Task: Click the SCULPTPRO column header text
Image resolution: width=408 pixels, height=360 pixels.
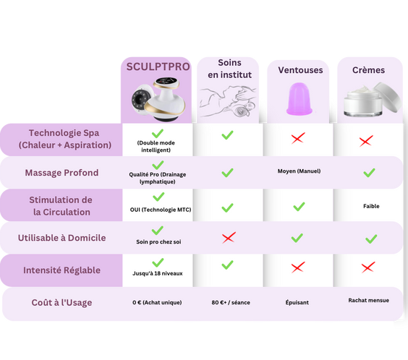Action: click(158, 67)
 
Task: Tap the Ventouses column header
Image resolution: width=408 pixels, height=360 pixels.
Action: click(300, 70)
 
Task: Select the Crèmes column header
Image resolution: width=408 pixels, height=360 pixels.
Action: click(368, 70)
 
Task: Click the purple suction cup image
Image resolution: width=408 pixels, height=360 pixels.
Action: click(299, 99)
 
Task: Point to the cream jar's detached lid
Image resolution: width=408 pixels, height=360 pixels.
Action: click(388, 97)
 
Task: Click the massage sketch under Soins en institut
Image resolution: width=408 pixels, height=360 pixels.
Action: click(228, 101)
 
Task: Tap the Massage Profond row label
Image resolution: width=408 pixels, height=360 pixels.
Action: click(61, 173)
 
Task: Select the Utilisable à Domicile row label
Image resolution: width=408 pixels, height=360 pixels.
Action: click(62, 238)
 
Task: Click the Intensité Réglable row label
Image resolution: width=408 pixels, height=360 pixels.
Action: click(62, 270)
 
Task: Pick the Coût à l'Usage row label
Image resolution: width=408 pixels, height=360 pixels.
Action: click(62, 303)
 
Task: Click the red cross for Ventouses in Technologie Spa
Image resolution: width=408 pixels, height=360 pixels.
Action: click(298, 138)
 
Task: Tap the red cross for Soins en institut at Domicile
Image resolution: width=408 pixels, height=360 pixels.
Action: click(229, 238)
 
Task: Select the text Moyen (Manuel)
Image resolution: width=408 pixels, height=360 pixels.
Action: click(299, 171)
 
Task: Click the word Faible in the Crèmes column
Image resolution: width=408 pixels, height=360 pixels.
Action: click(371, 206)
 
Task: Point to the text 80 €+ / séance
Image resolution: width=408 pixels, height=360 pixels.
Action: click(231, 302)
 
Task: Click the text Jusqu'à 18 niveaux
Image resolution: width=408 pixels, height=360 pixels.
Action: click(158, 273)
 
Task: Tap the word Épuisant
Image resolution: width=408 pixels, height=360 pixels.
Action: click(297, 302)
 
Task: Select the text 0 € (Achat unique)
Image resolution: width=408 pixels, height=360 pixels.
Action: click(157, 302)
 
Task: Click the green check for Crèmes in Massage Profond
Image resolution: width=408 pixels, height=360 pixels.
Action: click(369, 173)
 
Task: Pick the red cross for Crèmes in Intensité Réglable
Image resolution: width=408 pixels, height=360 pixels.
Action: click(368, 267)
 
